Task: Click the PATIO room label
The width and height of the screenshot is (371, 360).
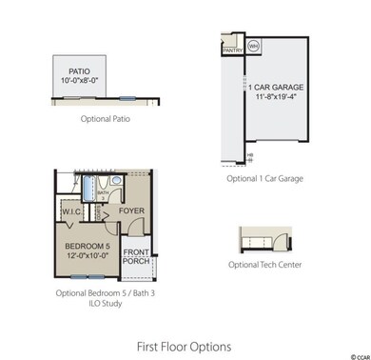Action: click(79, 71)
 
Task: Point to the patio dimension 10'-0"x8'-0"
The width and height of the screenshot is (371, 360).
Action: click(79, 82)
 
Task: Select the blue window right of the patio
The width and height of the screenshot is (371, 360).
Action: click(126, 97)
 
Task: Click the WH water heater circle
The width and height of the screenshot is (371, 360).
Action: click(254, 45)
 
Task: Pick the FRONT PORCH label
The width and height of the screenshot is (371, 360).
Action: click(137, 256)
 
